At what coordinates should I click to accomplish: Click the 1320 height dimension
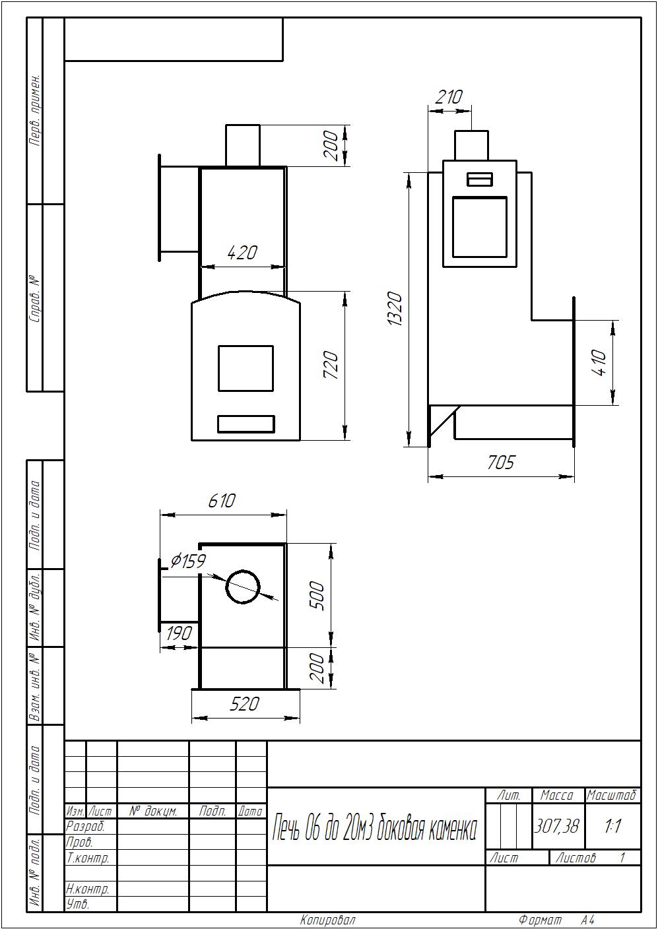pyautogui.click(x=395, y=309)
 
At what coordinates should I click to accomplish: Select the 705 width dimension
pyautogui.click(x=501, y=462)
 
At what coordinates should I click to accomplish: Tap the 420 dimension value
pyautogui.click(x=242, y=252)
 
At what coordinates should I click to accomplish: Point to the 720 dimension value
pyautogui.click(x=331, y=365)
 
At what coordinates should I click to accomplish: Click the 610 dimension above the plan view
pyautogui.click(x=222, y=501)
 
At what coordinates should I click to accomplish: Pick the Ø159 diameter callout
pyautogui.click(x=188, y=561)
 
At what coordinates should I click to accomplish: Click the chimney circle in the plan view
pyautogui.click(x=243, y=587)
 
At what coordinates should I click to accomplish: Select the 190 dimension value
pyautogui.click(x=179, y=633)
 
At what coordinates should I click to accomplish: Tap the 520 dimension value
pyautogui.click(x=244, y=704)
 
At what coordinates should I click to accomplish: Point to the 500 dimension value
pyautogui.click(x=317, y=596)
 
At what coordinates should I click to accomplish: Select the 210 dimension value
pyautogui.click(x=449, y=97)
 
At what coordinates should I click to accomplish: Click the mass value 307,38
pyautogui.click(x=556, y=826)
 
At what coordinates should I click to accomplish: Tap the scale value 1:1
pyautogui.click(x=612, y=826)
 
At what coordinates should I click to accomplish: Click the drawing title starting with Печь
pyautogui.click(x=374, y=829)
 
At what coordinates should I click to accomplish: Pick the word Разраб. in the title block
pyautogui.click(x=85, y=827)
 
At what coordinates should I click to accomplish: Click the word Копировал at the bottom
pyautogui.click(x=328, y=920)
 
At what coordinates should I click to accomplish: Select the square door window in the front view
pyautogui.click(x=246, y=368)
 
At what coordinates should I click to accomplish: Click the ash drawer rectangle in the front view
pyautogui.click(x=246, y=424)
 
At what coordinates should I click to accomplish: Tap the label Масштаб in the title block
pyautogui.click(x=612, y=796)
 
